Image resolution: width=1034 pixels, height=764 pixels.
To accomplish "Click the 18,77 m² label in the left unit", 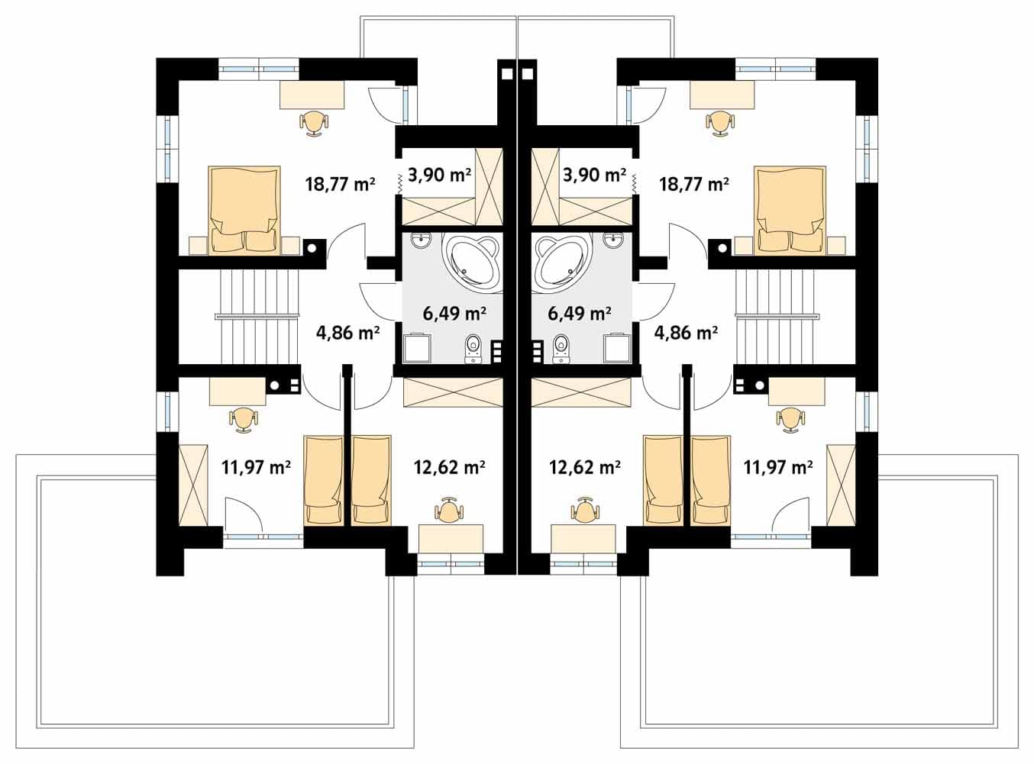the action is [341, 184].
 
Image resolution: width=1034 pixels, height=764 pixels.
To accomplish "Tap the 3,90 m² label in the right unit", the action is [594, 175].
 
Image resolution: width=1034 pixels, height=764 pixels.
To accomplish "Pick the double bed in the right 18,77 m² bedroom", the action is [790, 210].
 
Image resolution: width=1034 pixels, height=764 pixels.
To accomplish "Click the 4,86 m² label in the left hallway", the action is [347, 333].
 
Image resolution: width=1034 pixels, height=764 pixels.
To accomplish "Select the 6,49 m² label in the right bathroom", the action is [580, 313].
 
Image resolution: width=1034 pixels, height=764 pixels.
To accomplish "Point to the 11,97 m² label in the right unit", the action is [778, 466].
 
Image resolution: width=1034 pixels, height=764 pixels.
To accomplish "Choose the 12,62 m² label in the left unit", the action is [450, 466].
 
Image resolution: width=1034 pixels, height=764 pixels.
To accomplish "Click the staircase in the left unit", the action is [257, 317].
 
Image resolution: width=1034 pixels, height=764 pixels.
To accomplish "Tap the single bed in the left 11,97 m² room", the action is [323, 480].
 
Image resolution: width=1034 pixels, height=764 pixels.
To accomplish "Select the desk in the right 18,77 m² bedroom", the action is [722, 95].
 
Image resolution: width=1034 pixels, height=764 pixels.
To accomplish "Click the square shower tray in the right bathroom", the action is [618, 347].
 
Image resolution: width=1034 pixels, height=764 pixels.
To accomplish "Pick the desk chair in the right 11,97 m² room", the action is [790, 420].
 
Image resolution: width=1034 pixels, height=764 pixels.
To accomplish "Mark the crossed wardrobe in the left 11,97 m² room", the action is [193, 485].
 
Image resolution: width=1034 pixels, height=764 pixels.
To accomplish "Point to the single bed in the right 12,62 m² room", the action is [663, 480].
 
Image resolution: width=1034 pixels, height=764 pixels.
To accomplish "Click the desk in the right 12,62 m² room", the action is [583, 538].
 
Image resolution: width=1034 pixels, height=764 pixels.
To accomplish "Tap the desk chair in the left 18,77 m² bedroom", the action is [314, 123].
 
